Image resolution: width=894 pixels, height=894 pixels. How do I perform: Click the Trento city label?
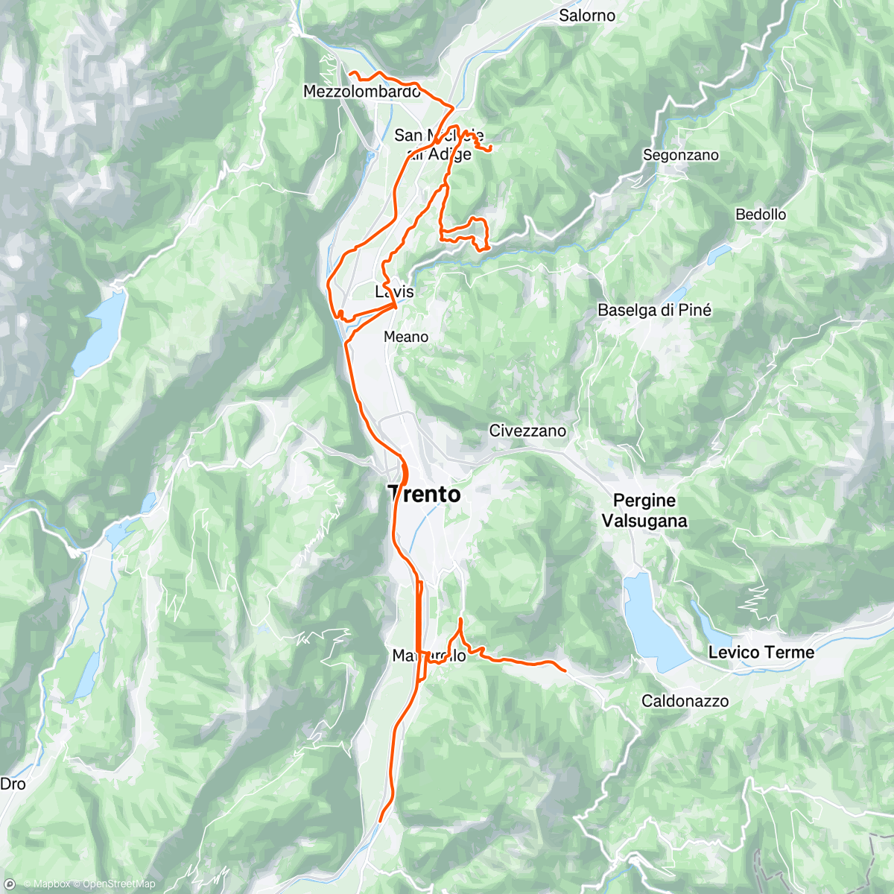click(424, 494)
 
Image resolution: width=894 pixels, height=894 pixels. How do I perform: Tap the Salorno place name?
click(587, 15)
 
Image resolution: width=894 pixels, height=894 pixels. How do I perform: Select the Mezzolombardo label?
click(361, 92)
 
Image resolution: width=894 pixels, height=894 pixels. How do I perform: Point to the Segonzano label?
click(681, 155)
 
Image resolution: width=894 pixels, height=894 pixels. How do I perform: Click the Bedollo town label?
click(761, 215)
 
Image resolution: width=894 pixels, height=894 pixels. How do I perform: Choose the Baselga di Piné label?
click(654, 310)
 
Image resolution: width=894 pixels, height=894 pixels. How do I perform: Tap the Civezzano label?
click(527, 431)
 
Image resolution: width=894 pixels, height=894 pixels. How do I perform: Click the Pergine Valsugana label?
click(644, 510)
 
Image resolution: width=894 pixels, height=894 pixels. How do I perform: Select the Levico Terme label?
click(761, 653)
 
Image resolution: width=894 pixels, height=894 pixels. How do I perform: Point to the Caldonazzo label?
click(685, 701)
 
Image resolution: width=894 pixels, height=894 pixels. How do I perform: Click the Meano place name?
click(406, 337)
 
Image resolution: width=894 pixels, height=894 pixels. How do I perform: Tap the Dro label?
click(13, 784)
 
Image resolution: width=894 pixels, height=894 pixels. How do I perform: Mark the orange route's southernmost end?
click(381, 821)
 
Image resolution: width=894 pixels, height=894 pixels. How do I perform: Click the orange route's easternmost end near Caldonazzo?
click(565, 670)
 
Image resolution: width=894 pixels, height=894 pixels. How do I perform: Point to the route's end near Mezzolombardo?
click(349, 72)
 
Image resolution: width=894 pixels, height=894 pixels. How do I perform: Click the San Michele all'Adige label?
click(440, 145)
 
